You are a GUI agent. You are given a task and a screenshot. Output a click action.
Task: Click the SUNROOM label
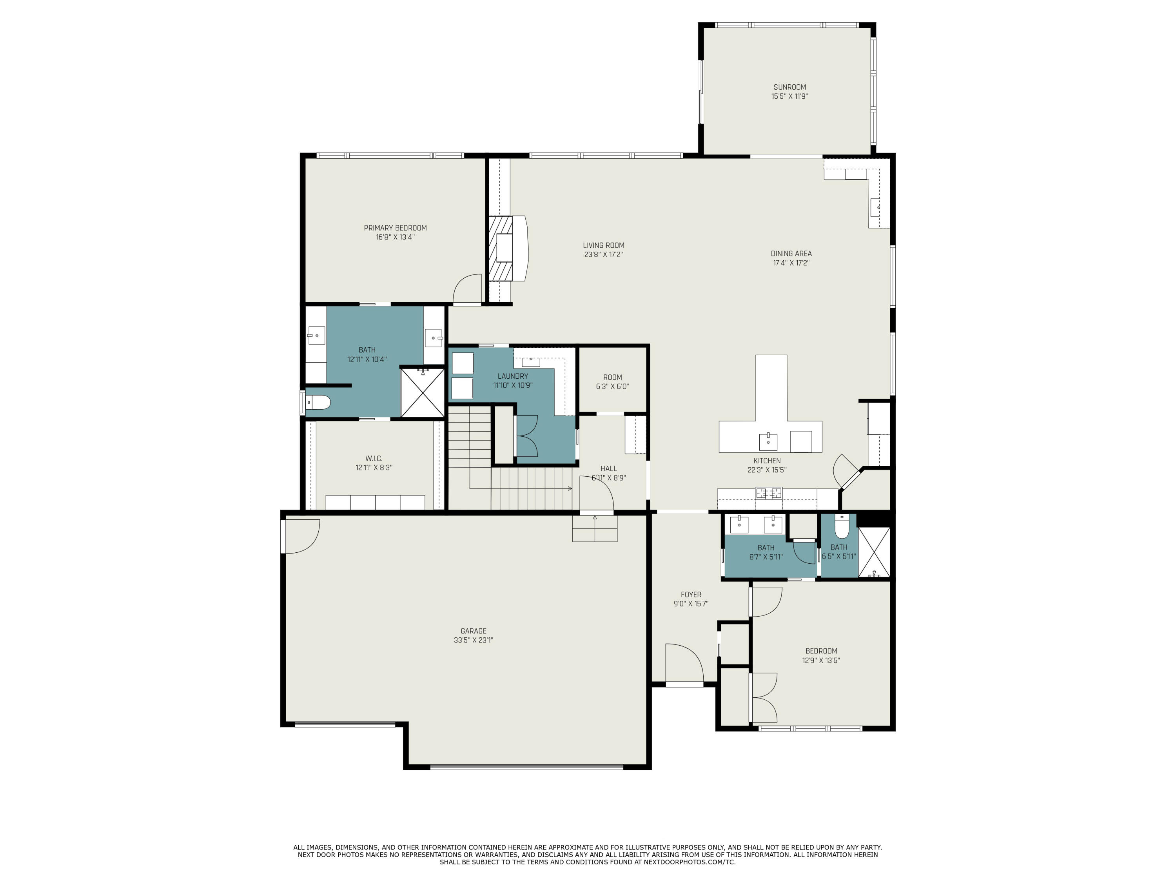(789, 87)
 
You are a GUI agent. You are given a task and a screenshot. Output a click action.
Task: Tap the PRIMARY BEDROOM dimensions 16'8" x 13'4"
(395, 237)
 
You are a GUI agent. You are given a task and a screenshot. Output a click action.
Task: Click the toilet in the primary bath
(318, 403)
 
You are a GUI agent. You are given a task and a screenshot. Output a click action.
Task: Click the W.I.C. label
(374, 458)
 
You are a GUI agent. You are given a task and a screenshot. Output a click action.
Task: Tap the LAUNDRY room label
(512, 376)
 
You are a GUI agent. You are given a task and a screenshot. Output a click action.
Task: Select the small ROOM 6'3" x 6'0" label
(612, 377)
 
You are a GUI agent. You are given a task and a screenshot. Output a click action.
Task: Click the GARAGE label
(473, 631)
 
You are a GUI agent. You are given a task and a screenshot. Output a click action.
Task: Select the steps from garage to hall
(594, 530)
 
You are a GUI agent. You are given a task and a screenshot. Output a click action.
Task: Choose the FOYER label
(691, 594)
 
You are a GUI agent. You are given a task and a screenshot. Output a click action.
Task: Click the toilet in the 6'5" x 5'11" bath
(842, 527)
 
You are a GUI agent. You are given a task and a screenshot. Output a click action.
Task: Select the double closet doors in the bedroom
(764, 697)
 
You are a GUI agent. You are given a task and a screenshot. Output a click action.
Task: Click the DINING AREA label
(791, 254)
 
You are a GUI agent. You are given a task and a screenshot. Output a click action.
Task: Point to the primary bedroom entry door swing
(468, 289)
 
